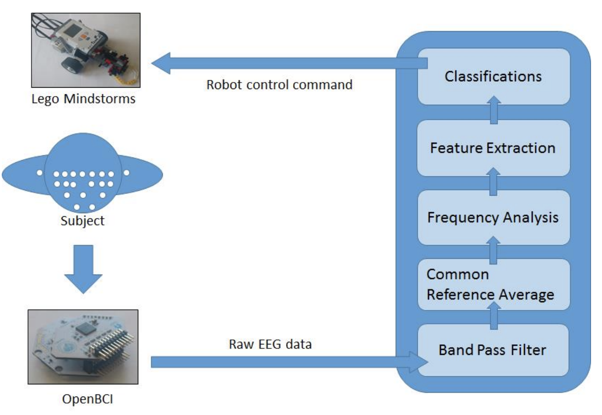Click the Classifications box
[493, 77]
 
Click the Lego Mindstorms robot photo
[86, 50]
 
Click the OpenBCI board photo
[83, 347]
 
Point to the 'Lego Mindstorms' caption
[83, 99]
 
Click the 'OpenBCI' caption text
[87, 399]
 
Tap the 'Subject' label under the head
[82, 221]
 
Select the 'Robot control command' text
[279, 85]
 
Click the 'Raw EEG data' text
[270, 344]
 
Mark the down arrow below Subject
[83, 268]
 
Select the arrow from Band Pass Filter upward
[494, 316]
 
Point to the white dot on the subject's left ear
[39, 173]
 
